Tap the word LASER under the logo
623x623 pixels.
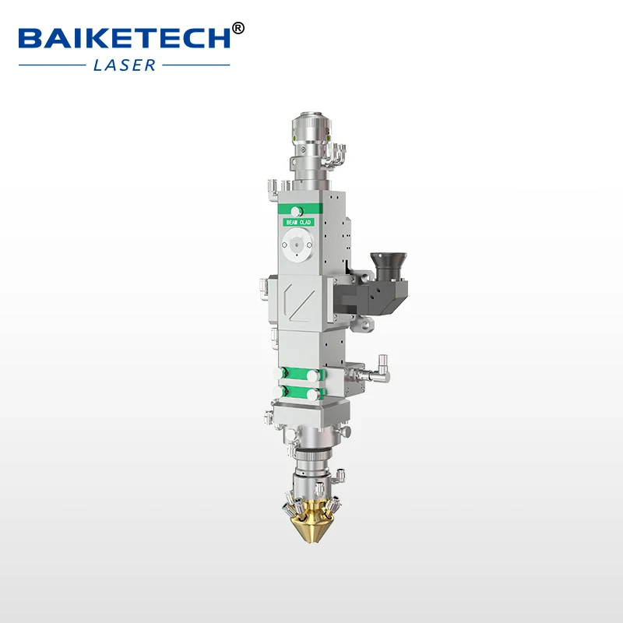click(125, 65)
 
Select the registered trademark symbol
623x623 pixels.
click(238, 28)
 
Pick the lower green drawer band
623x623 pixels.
click(300, 392)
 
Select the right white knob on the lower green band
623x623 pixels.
click(313, 392)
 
